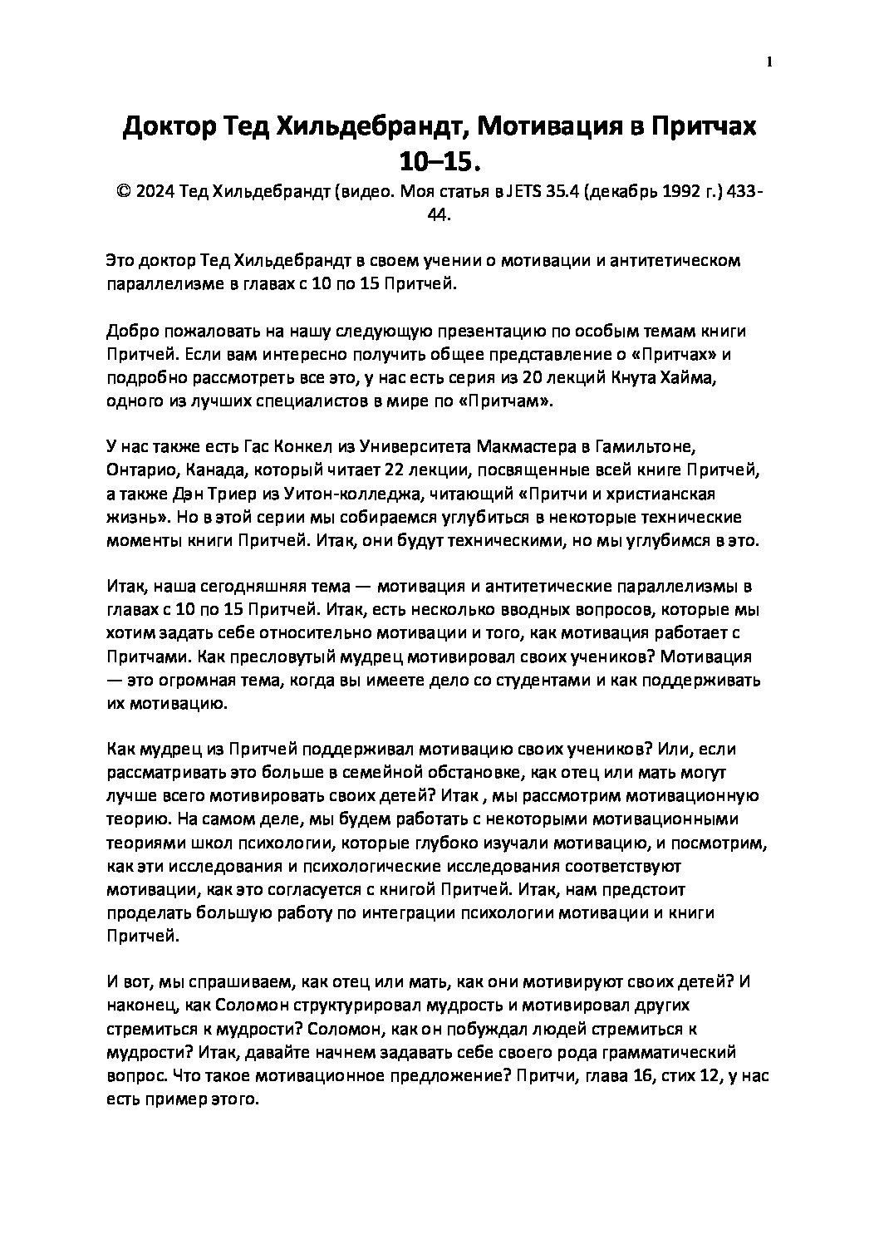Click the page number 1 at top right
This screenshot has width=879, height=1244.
pyautogui.click(x=769, y=61)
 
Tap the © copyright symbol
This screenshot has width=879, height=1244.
pyautogui.click(x=123, y=192)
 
